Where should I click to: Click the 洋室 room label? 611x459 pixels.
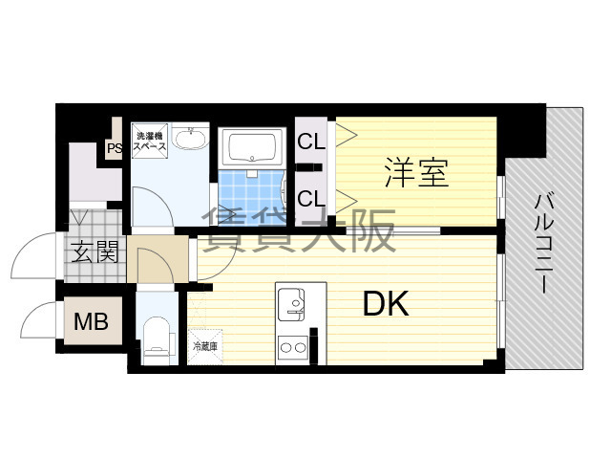[416, 172]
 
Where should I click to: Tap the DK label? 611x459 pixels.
[386, 304]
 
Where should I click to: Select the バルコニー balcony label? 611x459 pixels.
[544, 243]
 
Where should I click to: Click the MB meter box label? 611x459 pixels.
[92, 322]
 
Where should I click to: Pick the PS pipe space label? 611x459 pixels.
[115, 148]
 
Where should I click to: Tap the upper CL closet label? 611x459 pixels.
[311, 141]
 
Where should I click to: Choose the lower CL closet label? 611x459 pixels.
[311, 198]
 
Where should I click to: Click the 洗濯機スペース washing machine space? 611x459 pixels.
[150, 142]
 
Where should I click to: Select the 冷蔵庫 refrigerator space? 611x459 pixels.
[205, 346]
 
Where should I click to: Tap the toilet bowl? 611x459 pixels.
[157, 340]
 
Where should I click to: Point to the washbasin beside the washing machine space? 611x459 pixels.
[189, 137]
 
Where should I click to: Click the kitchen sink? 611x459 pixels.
[291, 305]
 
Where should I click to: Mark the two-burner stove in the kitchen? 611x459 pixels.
[292, 347]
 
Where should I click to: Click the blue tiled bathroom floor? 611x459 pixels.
[252, 198]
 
